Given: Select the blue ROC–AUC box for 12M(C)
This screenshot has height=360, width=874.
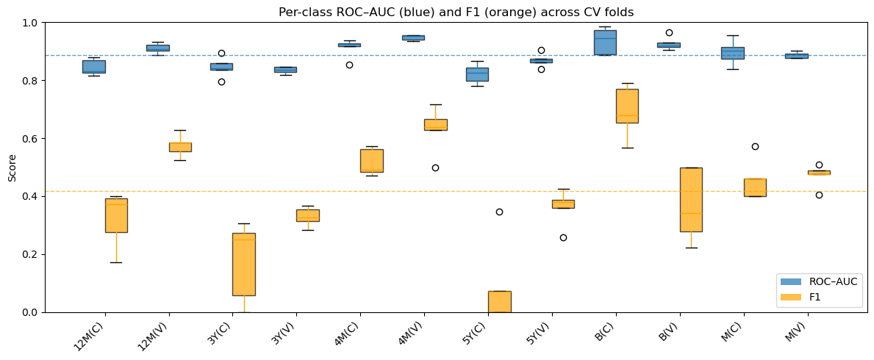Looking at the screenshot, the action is (94, 67).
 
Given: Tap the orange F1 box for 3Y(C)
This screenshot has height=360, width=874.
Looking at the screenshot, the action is (244, 264).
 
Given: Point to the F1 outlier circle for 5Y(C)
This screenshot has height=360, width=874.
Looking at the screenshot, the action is (499, 212).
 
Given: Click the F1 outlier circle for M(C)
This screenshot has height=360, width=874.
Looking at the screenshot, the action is (755, 146).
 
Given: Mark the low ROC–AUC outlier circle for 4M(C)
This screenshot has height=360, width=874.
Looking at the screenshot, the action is (349, 65).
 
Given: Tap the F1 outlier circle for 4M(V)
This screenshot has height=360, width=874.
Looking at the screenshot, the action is (435, 168).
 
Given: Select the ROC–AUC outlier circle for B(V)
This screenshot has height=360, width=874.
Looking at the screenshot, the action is (670, 32).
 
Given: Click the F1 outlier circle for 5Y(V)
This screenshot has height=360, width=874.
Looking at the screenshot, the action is (563, 237).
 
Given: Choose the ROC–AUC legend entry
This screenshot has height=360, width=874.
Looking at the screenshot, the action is (820, 281).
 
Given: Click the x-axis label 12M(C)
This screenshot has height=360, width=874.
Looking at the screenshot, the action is (89, 336).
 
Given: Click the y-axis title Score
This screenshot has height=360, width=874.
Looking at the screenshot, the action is (12, 168).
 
